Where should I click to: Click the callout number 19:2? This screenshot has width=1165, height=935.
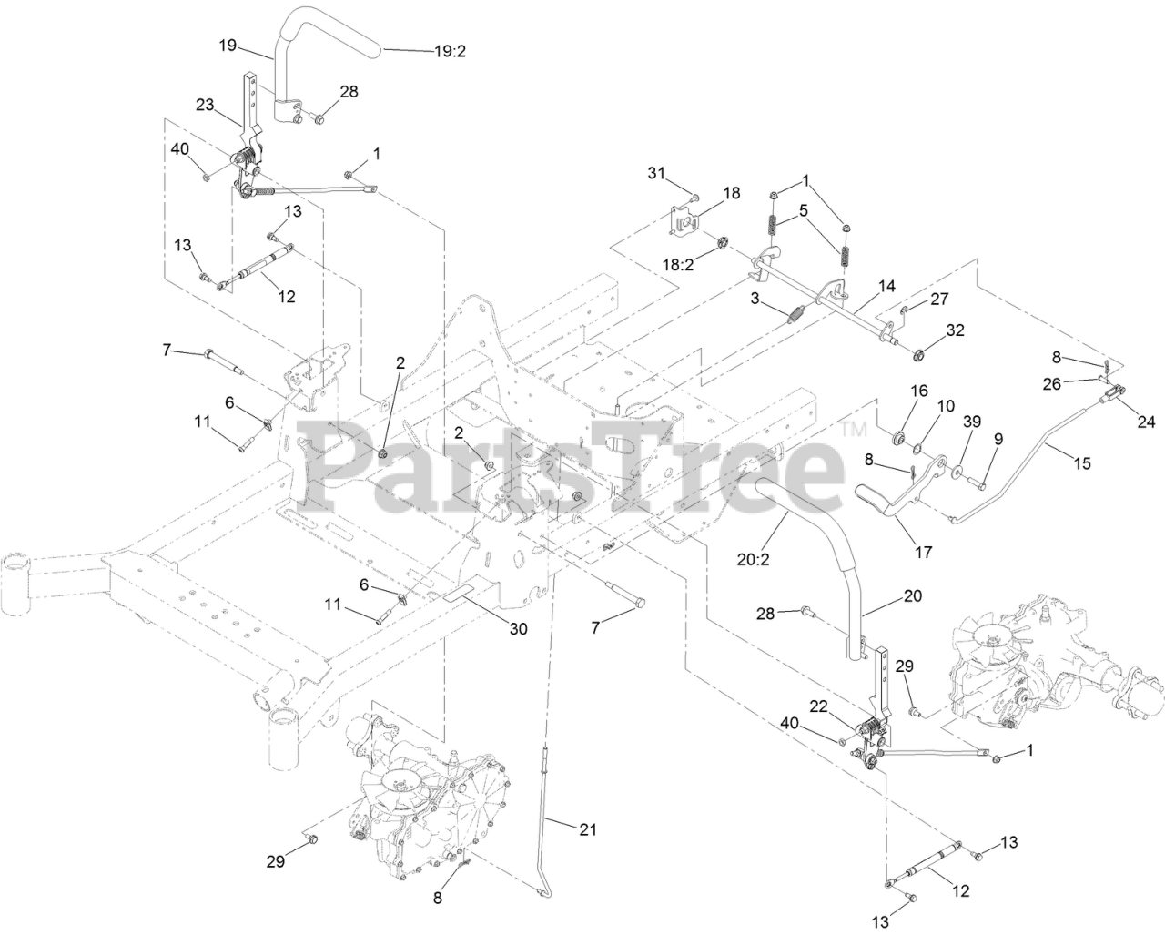pyautogui.click(x=450, y=52)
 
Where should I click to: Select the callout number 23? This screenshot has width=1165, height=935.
pyautogui.click(x=204, y=105)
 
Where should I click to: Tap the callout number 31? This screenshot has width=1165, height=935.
pyautogui.click(x=658, y=173)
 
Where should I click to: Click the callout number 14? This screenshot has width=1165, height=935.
pyautogui.click(x=886, y=285)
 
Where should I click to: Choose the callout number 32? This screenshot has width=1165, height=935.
pyautogui.click(x=955, y=330)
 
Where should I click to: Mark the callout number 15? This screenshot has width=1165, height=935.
pyautogui.click(x=1081, y=463)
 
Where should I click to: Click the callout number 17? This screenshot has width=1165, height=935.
pyautogui.click(x=923, y=551)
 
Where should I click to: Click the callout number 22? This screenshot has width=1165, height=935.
pyautogui.click(x=819, y=705)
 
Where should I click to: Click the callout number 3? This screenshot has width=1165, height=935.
pyautogui.click(x=755, y=298)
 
